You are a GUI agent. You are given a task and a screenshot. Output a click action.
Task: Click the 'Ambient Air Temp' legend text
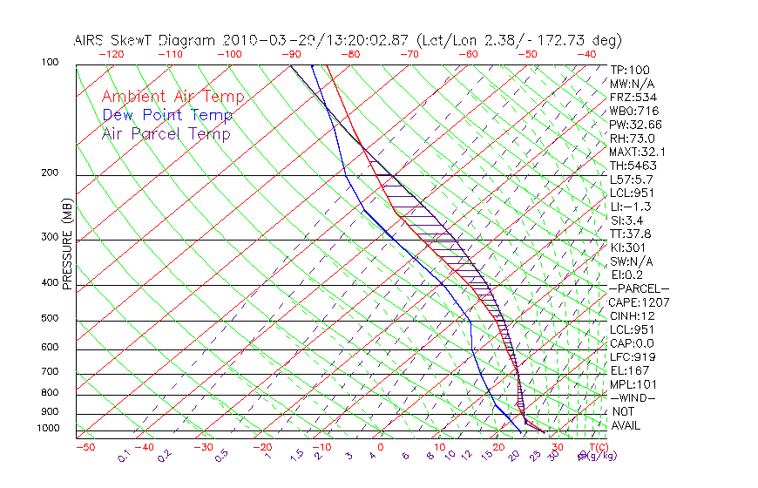tap(173, 97)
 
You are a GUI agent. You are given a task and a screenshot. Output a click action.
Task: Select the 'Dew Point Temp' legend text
tap(167, 115)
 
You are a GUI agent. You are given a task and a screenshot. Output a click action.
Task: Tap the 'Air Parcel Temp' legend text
tap(166, 133)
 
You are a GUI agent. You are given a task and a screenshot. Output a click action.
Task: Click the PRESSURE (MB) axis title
tap(67, 244)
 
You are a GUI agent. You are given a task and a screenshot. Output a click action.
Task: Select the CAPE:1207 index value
tap(639, 302)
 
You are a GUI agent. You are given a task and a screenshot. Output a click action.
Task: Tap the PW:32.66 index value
tap(636, 125)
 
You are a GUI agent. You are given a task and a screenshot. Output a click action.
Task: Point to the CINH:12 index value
tap(633, 315)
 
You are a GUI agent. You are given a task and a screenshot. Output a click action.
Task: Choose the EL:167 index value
tap(630, 370)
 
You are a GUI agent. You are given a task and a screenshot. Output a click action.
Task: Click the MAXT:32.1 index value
tap(639, 152)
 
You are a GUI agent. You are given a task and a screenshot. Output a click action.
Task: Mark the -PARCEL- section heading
tap(640, 288)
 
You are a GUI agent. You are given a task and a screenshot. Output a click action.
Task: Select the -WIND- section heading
tap(633, 397)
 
